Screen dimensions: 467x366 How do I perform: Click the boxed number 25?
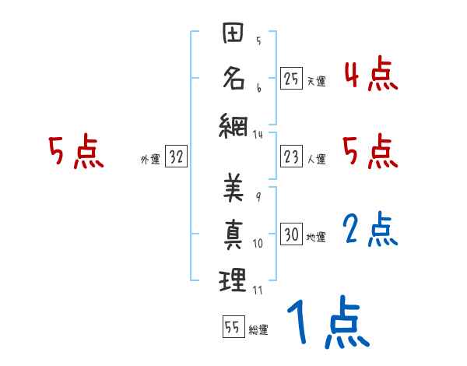pyautogui.click(x=291, y=79)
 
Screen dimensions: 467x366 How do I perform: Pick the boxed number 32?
pyautogui.click(x=176, y=158)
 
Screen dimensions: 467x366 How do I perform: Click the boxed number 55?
pyautogui.click(x=233, y=327)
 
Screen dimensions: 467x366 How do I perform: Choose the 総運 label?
pyautogui.click(x=258, y=329)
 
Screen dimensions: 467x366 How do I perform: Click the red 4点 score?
pyautogui.click(x=370, y=76)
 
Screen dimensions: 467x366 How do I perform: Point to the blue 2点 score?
pyautogui.click(x=370, y=231)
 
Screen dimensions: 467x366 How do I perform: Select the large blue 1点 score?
pyautogui.click(x=327, y=322)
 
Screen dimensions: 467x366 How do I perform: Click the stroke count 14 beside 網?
pyautogui.click(x=258, y=135)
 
